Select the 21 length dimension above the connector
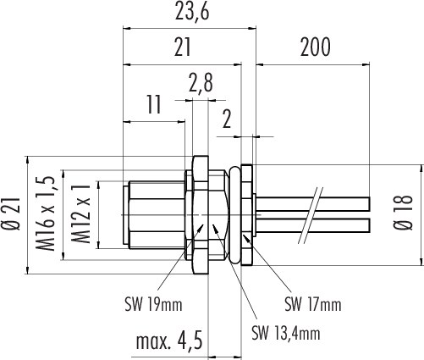(183, 47)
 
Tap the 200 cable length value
(315, 47)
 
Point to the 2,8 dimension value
(201, 84)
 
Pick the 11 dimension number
(154, 104)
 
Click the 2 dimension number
(227, 119)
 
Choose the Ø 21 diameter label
(13, 214)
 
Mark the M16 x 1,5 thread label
(46, 213)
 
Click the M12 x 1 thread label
(81, 213)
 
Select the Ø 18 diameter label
(404, 213)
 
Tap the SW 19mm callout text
(153, 305)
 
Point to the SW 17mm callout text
(313, 305)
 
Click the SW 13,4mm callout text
(286, 333)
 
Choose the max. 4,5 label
(169, 341)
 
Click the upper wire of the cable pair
(312, 204)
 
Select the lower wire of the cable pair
(312, 225)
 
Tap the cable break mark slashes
(311, 215)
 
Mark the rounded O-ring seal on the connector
(234, 215)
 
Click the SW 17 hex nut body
(246, 215)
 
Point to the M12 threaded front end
(154, 215)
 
